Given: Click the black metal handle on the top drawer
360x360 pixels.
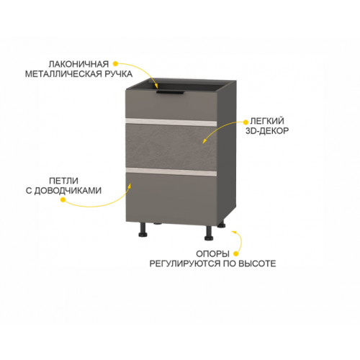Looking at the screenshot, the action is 170,93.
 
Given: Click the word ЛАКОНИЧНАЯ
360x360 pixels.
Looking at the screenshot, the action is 78,64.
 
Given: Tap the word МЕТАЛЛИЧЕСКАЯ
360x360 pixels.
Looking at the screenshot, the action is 64,74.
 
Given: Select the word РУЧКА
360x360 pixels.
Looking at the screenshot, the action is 119,74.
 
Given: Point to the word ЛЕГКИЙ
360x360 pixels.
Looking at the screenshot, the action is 267,121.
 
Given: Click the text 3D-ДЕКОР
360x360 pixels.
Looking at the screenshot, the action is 267,131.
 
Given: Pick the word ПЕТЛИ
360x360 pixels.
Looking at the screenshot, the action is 63,181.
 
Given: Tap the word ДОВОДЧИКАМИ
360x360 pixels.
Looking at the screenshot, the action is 68,191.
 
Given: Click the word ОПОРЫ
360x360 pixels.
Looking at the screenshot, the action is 212,253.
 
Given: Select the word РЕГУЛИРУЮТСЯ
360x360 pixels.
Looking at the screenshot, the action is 185,264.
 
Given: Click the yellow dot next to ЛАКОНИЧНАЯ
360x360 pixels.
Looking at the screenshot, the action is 115,64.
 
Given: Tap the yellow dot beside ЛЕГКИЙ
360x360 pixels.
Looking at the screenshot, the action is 246,122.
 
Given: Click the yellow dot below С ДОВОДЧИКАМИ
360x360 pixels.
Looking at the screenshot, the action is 63,199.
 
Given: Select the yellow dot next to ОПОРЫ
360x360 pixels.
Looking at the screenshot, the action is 236,253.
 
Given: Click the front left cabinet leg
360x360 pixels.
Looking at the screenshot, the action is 143,230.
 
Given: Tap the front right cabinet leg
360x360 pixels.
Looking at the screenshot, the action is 209,233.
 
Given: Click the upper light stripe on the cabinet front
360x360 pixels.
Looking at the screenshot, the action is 171,122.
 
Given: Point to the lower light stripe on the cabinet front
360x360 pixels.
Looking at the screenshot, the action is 171,172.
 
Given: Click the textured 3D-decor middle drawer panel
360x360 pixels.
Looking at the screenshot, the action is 171,147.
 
